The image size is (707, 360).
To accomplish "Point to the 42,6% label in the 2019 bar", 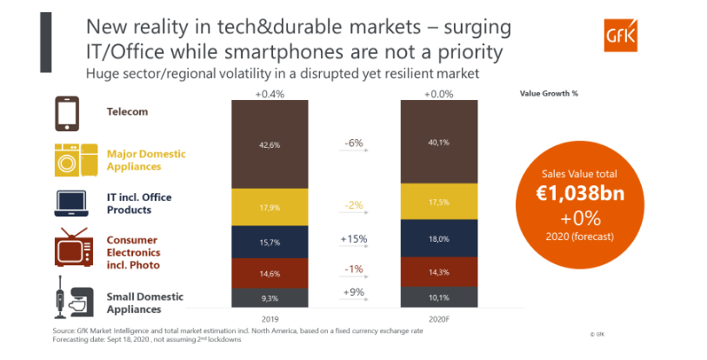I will [x=269, y=145].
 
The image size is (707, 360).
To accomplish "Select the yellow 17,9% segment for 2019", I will [x=269, y=207].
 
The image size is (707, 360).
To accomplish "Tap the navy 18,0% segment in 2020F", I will [x=438, y=238].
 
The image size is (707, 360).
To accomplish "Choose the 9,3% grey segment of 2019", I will [x=269, y=297].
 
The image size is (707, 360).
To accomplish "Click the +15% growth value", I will [x=353, y=236].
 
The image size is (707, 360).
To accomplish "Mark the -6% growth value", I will [x=353, y=141].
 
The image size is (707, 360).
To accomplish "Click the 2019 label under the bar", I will [x=269, y=318].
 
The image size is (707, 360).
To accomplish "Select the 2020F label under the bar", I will [x=438, y=318].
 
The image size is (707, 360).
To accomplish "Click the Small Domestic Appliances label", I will [x=139, y=302].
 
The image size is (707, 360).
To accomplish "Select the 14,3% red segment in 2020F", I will [x=438, y=271].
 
